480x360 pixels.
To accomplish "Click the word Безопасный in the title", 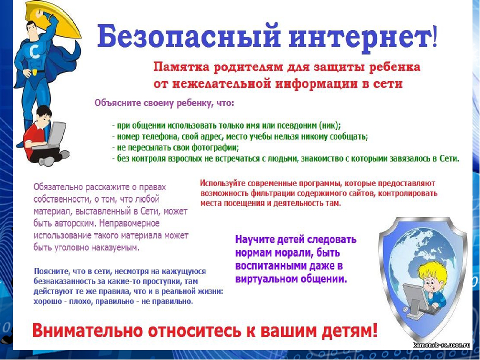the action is click(189, 36).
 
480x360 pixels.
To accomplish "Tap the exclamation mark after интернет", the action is click(434, 36).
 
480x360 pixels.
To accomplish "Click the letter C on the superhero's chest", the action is click(34, 52).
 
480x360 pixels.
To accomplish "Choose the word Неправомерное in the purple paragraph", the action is click(129, 223).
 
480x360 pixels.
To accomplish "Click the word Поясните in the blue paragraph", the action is click(51, 271).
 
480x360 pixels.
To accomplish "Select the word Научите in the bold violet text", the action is click(254, 239).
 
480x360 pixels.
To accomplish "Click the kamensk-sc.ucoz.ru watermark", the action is click(441, 345).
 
